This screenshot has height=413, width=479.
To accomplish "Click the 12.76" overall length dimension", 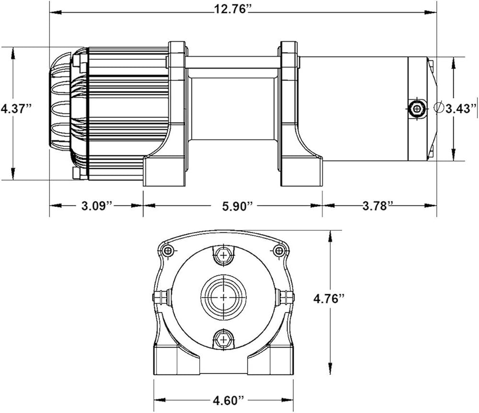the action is (232, 9).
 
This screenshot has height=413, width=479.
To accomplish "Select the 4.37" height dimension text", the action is (16, 108).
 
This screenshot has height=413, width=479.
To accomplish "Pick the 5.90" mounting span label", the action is (238, 206).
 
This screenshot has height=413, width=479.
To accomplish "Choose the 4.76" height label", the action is (329, 298).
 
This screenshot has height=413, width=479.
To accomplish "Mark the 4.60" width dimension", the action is (229, 400).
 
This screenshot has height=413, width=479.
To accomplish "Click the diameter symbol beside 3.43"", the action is (439, 107).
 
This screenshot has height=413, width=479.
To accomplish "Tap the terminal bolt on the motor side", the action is (417, 108).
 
